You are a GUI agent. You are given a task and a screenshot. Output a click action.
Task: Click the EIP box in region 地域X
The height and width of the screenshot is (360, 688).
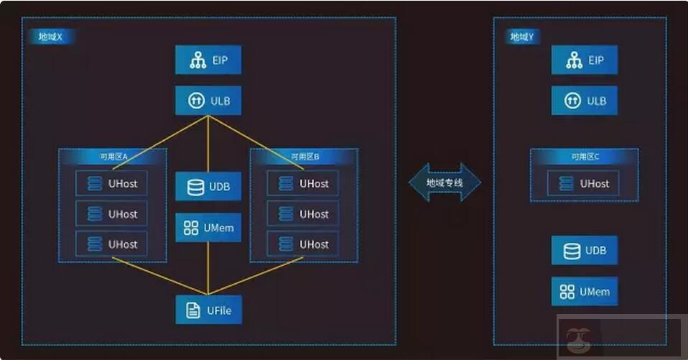[208, 60]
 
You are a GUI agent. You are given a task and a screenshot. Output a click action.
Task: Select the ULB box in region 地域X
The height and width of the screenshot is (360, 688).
[208, 101]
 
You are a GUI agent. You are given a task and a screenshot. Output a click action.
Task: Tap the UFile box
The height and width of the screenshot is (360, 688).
[208, 310]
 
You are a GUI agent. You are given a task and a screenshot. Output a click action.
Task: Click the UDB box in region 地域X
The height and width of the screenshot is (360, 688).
[208, 187]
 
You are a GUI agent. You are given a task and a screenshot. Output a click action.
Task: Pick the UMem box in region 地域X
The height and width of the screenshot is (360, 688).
[208, 228]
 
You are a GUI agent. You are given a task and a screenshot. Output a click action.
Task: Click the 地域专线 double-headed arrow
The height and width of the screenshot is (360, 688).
[445, 183]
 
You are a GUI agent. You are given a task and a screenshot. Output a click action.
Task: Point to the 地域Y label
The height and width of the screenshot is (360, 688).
[521, 37]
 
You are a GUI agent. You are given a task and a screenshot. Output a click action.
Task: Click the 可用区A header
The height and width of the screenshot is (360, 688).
[113, 156]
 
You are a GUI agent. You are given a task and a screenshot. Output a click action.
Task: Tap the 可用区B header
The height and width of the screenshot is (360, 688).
[304, 156]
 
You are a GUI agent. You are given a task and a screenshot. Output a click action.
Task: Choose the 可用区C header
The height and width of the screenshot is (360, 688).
[585, 156]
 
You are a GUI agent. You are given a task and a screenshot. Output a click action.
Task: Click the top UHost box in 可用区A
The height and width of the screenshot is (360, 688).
[111, 183]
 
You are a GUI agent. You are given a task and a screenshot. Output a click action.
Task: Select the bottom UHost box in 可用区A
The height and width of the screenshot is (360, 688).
[111, 244]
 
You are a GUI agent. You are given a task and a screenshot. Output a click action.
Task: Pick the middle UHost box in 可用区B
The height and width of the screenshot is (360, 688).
[302, 214]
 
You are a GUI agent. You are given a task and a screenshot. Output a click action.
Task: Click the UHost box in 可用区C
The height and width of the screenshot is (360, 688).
[583, 183]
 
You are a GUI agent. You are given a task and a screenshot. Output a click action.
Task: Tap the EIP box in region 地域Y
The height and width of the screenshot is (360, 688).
[584, 60]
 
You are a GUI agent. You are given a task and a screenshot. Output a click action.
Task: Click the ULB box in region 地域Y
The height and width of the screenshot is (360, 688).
[584, 101]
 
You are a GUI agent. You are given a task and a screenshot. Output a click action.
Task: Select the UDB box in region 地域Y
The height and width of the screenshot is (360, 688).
[584, 251]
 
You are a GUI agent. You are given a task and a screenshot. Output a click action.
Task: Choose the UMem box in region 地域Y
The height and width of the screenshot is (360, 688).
[584, 292]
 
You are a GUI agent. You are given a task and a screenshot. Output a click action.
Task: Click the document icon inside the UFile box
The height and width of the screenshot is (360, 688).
[192, 310]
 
